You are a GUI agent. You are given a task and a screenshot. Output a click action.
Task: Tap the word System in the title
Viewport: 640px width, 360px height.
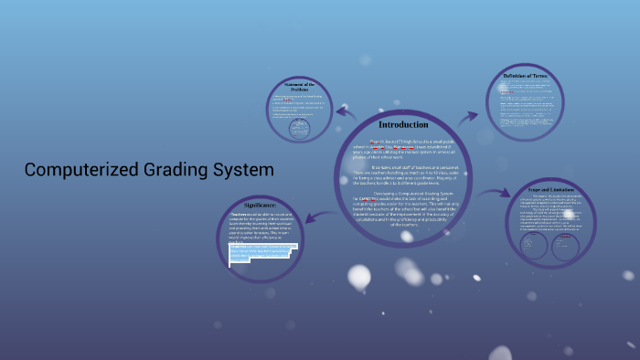click(243, 170)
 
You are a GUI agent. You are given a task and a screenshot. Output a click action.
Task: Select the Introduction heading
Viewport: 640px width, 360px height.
click(403, 124)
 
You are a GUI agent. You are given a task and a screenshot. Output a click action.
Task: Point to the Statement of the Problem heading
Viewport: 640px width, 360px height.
click(299, 88)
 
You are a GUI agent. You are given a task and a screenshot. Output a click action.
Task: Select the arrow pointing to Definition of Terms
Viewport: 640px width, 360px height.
click(468, 117)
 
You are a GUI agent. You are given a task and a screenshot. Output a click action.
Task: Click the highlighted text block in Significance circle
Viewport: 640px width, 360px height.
click(261, 250)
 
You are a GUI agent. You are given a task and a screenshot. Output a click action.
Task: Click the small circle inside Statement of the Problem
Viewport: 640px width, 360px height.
click(299, 130)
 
